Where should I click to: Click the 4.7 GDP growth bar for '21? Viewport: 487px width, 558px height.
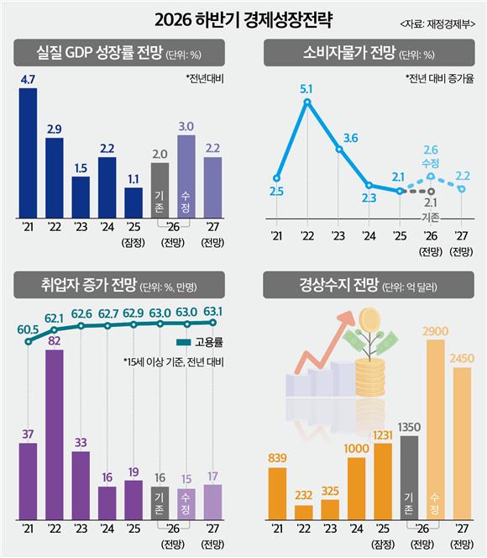pyautogui.click(x=28, y=153)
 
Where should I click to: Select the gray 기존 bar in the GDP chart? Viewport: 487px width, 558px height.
pyautogui.click(x=160, y=191)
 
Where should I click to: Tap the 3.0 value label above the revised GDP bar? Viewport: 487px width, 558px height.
pyautogui.click(x=186, y=127)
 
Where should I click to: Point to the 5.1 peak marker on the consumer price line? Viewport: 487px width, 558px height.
pyautogui.click(x=308, y=103)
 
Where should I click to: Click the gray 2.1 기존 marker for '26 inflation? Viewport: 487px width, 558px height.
pyautogui.click(x=432, y=192)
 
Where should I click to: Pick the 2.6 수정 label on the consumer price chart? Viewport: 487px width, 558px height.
pyautogui.click(x=431, y=156)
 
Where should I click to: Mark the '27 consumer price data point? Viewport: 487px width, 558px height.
pyautogui.click(x=462, y=189)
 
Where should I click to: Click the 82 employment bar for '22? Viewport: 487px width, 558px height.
pyautogui.click(x=55, y=434)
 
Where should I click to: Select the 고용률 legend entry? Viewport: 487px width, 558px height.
pyautogui.click(x=200, y=342)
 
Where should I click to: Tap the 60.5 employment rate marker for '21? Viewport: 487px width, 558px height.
pyautogui.click(x=28, y=342)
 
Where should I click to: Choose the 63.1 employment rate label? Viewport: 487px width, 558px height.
pyautogui.click(x=213, y=312)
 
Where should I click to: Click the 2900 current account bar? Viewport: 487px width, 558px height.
pyautogui.click(x=436, y=429)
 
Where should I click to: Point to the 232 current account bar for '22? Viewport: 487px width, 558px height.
pyautogui.click(x=304, y=513)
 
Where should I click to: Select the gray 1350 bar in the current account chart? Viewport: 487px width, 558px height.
pyautogui.click(x=409, y=477)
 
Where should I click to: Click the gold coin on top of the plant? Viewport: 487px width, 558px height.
pyautogui.click(x=369, y=319)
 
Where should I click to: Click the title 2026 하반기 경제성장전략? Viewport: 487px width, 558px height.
pyautogui.click(x=243, y=20)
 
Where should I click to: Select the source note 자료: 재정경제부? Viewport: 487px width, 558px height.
pyautogui.click(x=437, y=24)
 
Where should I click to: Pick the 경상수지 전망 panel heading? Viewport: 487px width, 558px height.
pyautogui.click(x=338, y=285)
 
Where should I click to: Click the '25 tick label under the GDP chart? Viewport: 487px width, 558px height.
pyautogui.click(x=134, y=227)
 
